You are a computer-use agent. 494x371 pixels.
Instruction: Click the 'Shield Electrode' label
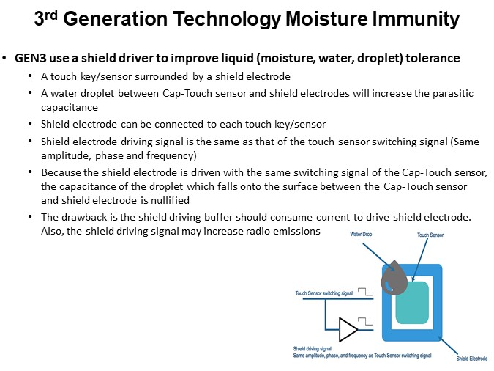[472, 359]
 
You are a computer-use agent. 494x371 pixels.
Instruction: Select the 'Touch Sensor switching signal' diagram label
[324, 293]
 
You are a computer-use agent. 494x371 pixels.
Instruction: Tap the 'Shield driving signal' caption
[313, 348]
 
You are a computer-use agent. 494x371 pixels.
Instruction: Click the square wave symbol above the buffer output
[367, 320]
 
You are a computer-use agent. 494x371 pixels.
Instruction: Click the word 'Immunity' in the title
[419, 19]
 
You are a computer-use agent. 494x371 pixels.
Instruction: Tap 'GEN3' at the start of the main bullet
[30, 58]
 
